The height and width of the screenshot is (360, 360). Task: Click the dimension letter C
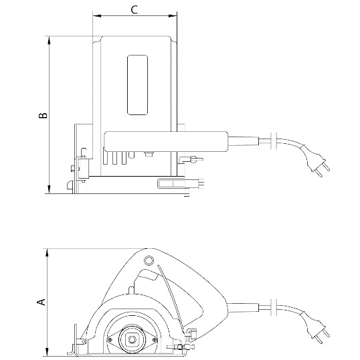click(134, 9)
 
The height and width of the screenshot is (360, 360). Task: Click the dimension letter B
click(43, 115)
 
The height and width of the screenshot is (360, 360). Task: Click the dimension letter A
click(41, 302)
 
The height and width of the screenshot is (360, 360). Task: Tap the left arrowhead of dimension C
click(97, 16)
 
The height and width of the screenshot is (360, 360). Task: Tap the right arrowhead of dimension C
click(173, 16)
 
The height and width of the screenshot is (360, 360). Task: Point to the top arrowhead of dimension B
click(49, 41)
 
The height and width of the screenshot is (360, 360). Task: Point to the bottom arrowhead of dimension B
click(49, 189)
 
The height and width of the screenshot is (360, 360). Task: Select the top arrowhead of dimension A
click(47, 253)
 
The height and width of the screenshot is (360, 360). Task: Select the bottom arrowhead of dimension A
click(47, 352)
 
